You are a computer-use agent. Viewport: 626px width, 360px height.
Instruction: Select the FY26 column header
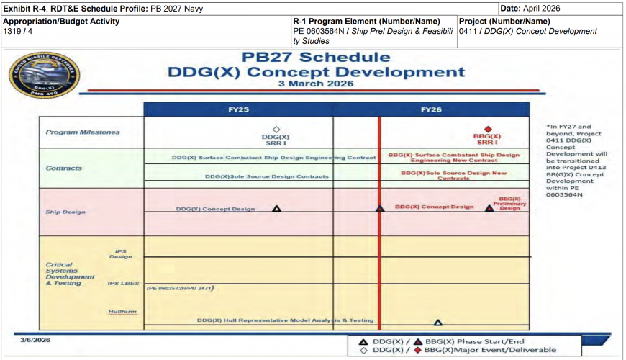click(431, 109)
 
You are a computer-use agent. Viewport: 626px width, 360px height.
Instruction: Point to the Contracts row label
click(64, 168)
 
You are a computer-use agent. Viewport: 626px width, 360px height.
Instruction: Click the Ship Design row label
click(65, 212)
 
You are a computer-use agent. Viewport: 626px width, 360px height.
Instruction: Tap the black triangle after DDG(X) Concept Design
click(277, 209)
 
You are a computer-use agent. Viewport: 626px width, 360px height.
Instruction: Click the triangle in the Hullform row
click(437, 323)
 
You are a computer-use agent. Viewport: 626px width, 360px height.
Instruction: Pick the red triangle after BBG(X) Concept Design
click(489, 209)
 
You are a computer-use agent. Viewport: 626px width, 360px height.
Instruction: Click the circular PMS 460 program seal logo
click(44, 74)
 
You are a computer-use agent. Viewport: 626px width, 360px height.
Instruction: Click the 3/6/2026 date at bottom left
click(35, 339)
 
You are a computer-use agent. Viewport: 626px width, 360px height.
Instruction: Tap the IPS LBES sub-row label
click(123, 283)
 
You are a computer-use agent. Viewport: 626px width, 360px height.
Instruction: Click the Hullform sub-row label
click(122, 312)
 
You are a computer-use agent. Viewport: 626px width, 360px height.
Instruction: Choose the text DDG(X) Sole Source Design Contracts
click(266, 176)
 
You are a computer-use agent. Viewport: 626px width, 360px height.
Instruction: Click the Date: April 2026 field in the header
click(530, 8)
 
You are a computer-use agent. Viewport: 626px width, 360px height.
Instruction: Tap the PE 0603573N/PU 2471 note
click(181, 288)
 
